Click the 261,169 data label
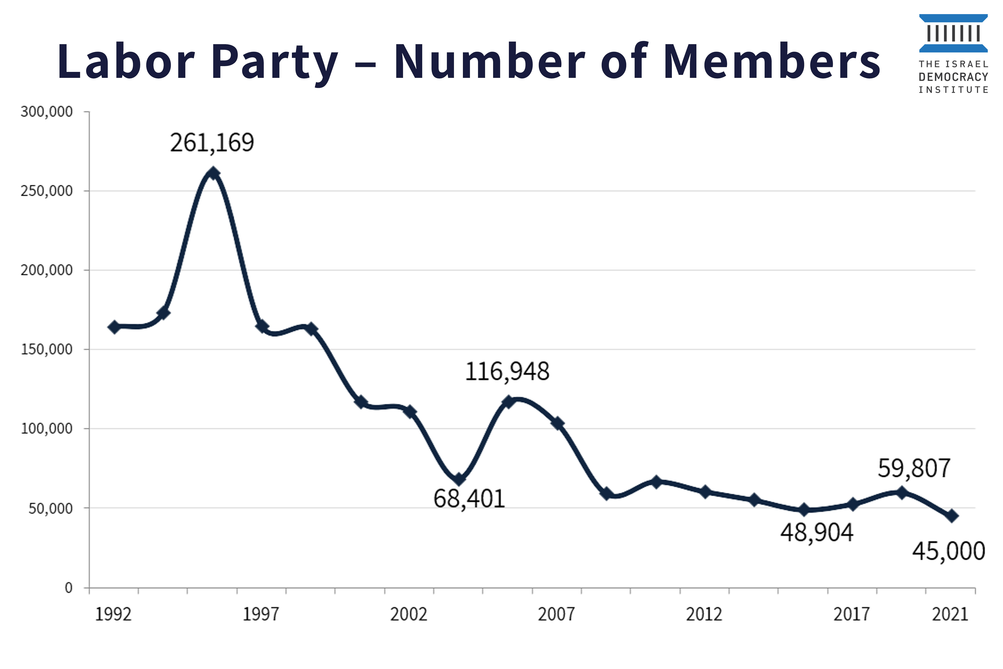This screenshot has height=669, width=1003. coord(212,143)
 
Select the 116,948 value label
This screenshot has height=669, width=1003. coord(507,372)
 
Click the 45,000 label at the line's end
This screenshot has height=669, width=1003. coord(948,551)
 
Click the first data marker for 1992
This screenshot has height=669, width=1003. coord(114,327)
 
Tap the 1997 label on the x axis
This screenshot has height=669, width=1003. coord(261,614)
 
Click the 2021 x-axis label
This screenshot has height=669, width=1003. coord(950,614)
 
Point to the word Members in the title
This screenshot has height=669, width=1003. coord(772,62)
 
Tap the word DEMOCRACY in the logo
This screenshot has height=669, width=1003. coord(953,77)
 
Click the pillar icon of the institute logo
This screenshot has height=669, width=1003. coord(953,33)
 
